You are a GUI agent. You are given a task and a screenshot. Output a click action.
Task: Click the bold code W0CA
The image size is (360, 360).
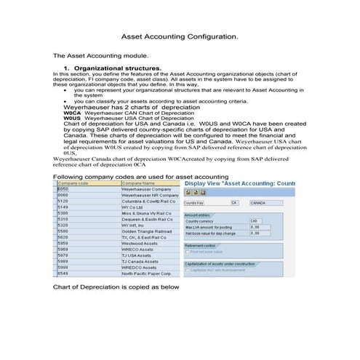[x=72, y=114]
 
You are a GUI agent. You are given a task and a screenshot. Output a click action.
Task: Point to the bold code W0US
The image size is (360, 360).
[x=72, y=119]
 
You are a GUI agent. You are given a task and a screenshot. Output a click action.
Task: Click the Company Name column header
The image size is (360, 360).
[x=138, y=183]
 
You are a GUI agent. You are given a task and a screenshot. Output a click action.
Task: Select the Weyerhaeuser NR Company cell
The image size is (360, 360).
[x=150, y=195]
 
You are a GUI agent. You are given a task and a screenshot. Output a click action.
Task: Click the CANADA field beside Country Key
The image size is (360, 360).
[x=258, y=203]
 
